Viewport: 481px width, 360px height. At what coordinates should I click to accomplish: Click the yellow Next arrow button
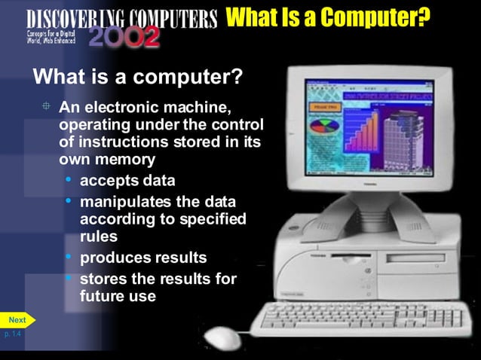[17, 319]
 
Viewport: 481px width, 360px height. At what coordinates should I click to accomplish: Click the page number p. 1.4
[13, 333]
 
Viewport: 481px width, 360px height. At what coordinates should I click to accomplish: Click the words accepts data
[127, 181]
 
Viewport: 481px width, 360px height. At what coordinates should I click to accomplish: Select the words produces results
[143, 258]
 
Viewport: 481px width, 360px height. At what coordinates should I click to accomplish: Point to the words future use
[118, 296]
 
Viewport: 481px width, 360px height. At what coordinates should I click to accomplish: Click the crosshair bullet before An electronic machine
[46, 105]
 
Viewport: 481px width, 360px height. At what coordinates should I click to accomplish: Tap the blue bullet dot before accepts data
[69, 180]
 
